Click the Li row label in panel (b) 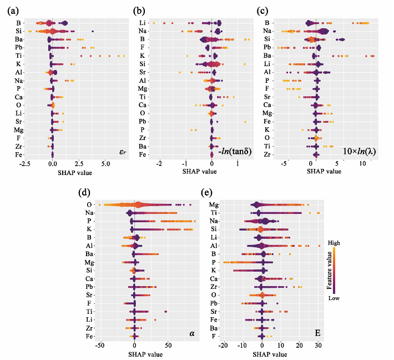(143, 23)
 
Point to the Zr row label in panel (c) (267, 154)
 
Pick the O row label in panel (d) (89, 205)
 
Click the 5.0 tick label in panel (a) (106, 164)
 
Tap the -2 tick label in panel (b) (160, 164)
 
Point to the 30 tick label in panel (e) (318, 346)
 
